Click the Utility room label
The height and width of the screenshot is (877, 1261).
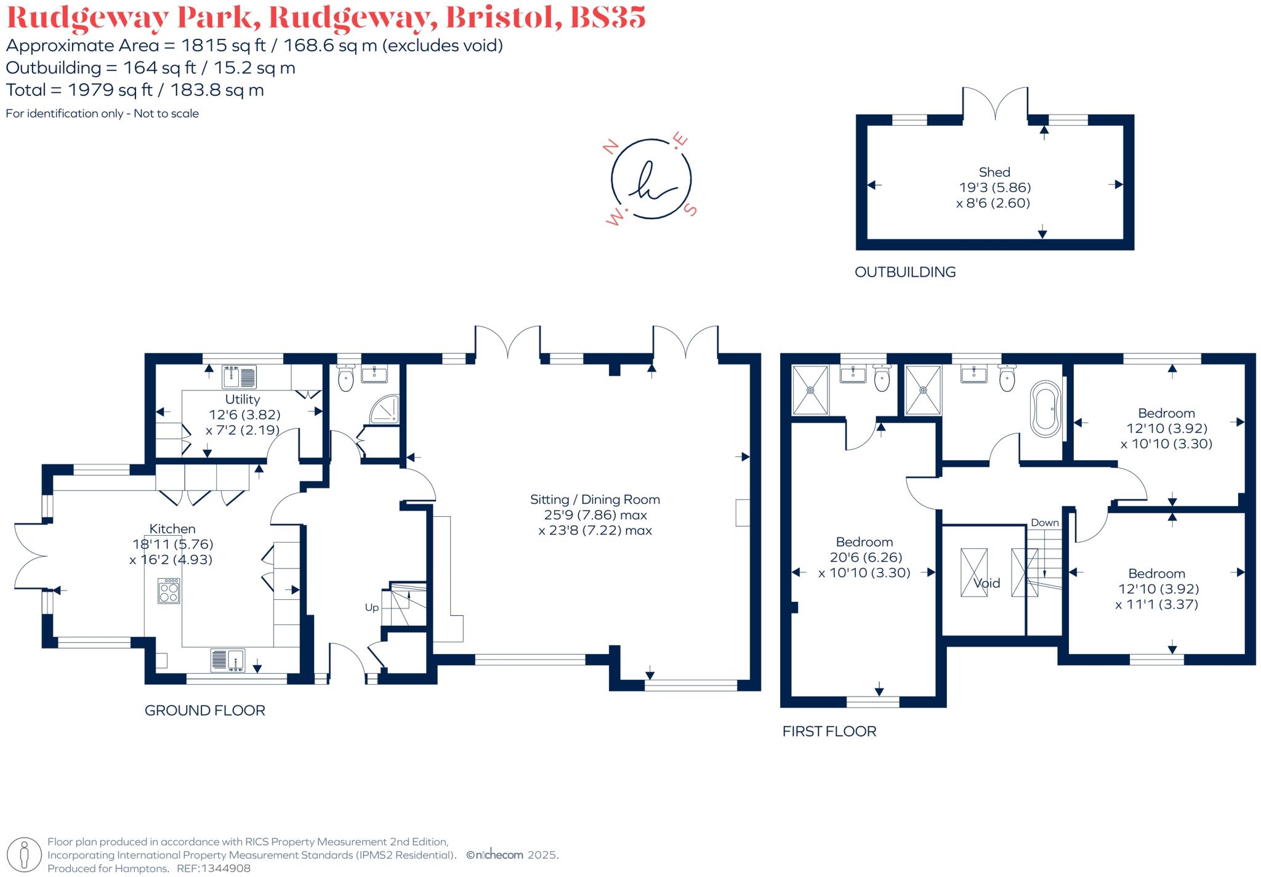click(x=242, y=399)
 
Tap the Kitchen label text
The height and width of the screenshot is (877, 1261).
click(x=172, y=528)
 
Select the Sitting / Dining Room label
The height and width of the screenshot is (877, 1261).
click(x=595, y=499)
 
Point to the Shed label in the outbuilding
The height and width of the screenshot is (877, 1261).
click(x=994, y=172)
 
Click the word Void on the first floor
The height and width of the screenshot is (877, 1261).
click(x=986, y=583)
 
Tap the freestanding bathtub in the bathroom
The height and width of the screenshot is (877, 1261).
click(x=1045, y=410)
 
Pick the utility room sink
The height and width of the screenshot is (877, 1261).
click(x=239, y=376)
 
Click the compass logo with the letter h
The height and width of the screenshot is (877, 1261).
click(x=651, y=179)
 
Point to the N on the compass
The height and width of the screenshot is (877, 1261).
click(x=610, y=147)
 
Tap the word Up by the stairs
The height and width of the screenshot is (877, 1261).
click(x=372, y=607)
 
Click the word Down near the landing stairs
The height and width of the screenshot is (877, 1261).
click(x=1045, y=523)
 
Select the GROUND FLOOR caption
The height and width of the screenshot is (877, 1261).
click(x=204, y=710)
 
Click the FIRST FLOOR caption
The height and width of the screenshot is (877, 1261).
click(x=829, y=731)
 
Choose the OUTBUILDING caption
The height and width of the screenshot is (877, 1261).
click(x=905, y=272)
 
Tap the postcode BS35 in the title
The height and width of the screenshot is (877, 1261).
click(x=608, y=17)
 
